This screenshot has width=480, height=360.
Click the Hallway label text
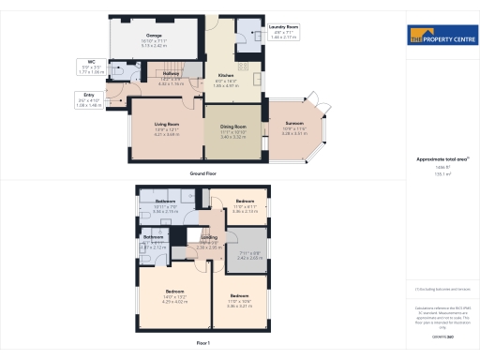pyautogui.click(x=171, y=75)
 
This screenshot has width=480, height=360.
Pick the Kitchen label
pyautogui.click(x=226, y=77)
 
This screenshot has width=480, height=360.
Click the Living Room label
pyautogui.click(x=167, y=127)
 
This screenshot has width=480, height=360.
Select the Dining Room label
pyautogui.click(x=232, y=127)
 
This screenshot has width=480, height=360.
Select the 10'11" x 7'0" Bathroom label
pyautogui.click(x=165, y=205)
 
